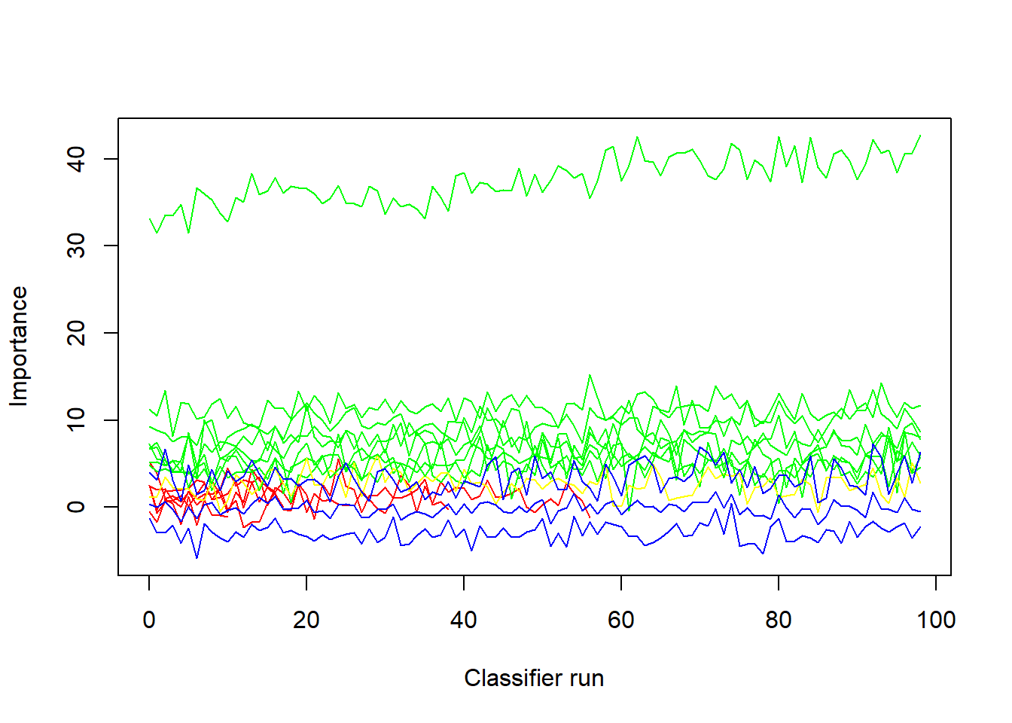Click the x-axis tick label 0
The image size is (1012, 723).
[x=149, y=620]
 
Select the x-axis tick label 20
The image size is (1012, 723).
[x=306, y=620]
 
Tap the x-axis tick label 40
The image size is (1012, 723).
[x=464, y=620]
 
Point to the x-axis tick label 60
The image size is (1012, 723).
[x=620, y=620]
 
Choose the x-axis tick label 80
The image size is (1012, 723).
[x=779, y=620]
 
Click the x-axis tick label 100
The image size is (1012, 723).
[x=936, y=620]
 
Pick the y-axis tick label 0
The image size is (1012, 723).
[x=76, y=507]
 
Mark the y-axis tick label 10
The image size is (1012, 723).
[x=76, y=419]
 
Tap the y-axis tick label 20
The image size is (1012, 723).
[x=76, y=333]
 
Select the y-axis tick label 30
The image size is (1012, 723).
[x=76, y=246]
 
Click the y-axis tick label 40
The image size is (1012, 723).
[x=76, y=159]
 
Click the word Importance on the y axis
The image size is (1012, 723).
[x=19, y=346]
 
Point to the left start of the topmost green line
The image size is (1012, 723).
[x=150, y=218]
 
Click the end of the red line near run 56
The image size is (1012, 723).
[x=590, y=517]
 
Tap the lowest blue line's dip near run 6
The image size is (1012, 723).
[x=197, y=558]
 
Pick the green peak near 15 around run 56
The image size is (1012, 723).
[x=590, y=374]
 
